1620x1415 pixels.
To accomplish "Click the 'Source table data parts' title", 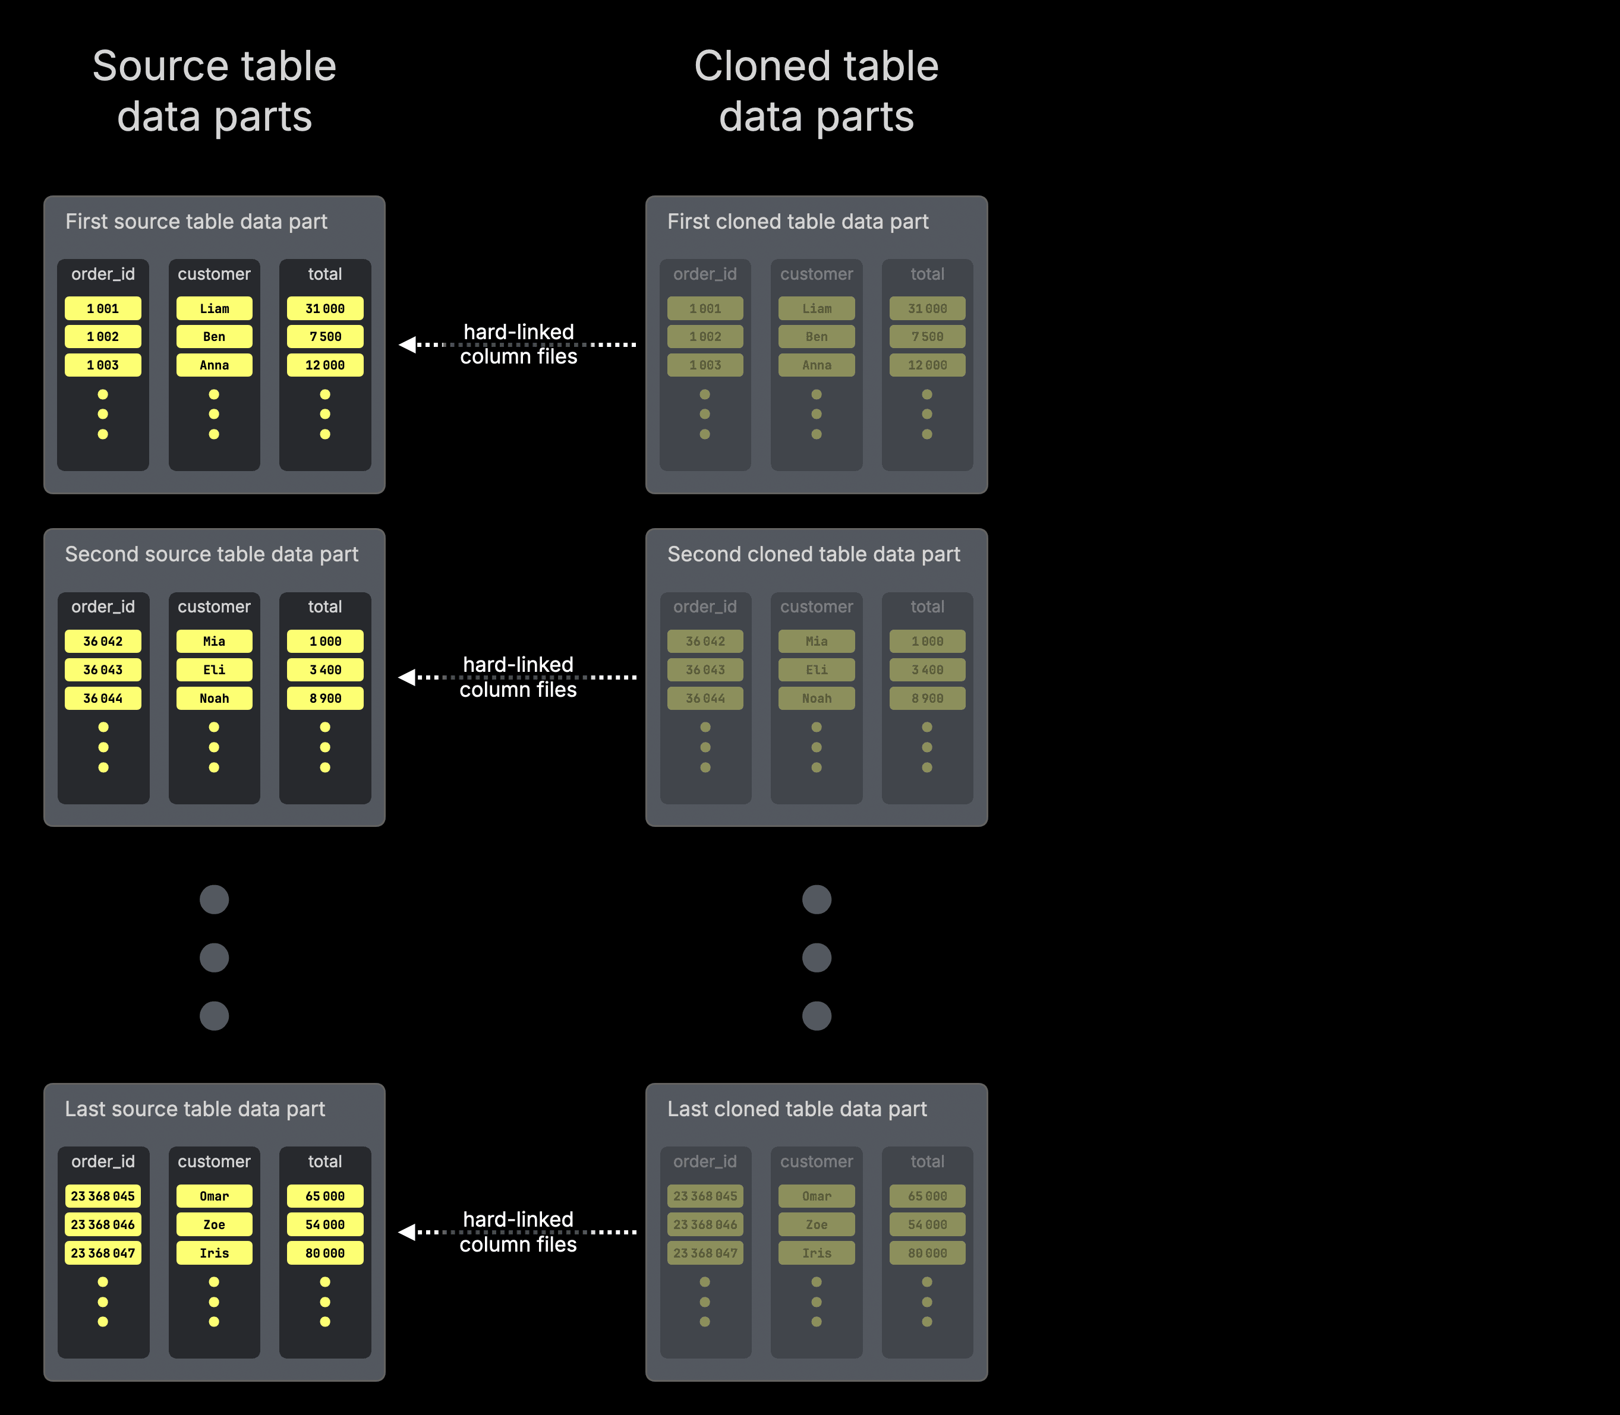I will click(x=214, y=91).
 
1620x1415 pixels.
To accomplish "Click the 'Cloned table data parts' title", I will click(x=816, y=91).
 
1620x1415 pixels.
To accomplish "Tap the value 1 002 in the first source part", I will click(x=103, y=336).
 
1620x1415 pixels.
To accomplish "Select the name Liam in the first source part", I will click(x=214, y=308).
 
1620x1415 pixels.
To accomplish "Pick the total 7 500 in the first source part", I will click(x=324, y=336).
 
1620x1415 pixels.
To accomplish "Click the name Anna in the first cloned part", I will click(x=816, y=365).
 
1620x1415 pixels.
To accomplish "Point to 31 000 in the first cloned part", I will click(x=926, y=308).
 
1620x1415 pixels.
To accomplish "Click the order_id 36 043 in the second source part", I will click(x=103, y=669).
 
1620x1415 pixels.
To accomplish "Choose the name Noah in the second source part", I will click(x=214, y=698).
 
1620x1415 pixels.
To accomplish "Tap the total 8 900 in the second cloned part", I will click(x=926, y=698).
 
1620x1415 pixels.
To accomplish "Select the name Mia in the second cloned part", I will click(x=816, y=641).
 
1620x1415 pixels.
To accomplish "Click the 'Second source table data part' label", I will click(x=211, y=554).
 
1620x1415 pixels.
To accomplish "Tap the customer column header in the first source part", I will click(x=214, y=274).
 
